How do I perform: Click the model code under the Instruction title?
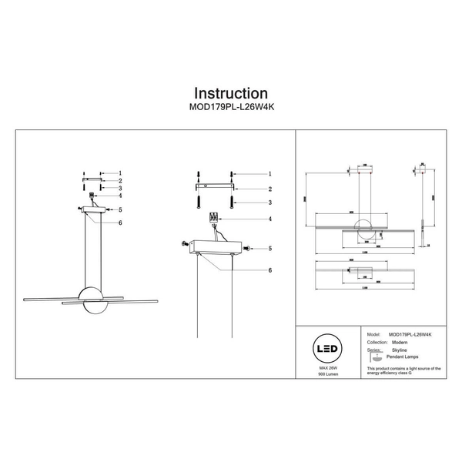(x=230, y=109)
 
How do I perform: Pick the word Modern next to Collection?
(x=401, y=342)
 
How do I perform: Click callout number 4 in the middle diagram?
(x=271, y=219)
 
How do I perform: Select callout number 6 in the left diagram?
(x=120, y=223)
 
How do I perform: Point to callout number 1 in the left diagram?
(x=120, y=174)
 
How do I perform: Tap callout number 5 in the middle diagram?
(x=271, y=248)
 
